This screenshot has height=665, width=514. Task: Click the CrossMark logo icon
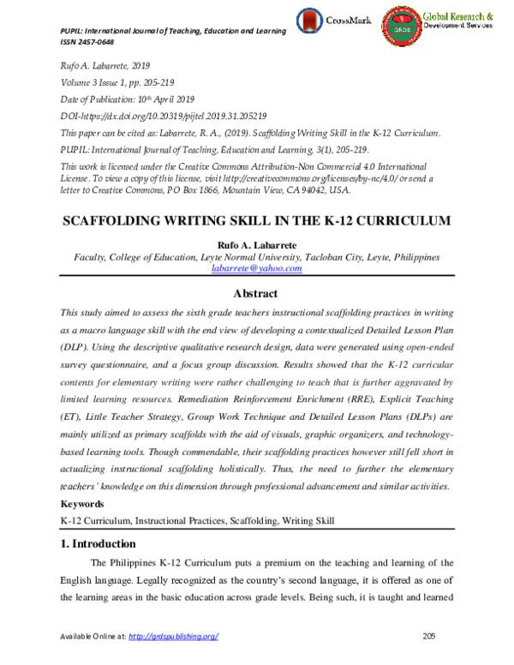[311, 21]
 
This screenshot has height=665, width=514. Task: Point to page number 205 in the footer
[430, 636]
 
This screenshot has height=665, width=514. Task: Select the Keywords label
[83, 504]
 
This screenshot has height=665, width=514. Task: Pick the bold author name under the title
[256, 243]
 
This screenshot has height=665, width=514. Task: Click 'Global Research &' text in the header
[458, 16]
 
